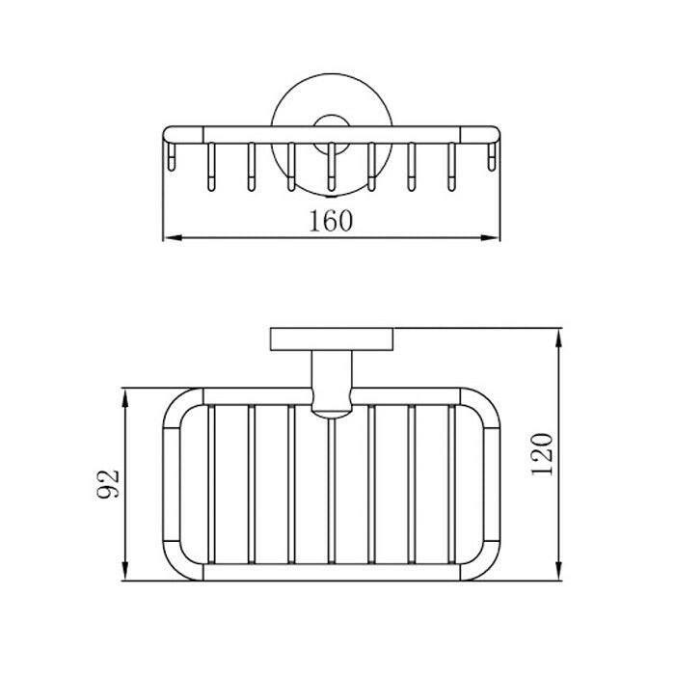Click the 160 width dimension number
(x=331, y=221)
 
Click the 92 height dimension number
(x=108, y=483)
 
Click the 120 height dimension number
(x=542, y=454)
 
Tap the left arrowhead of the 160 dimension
(x=173, y=237)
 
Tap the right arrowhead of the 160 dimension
(x=490, y=237)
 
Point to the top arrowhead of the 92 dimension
(x=125, y=398)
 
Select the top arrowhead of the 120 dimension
(x=558, y=337)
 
